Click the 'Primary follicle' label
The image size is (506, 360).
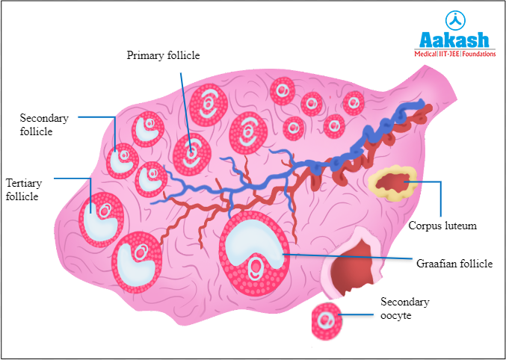(x=163, y=55)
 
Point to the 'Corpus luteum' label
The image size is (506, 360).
(x=442, y=225)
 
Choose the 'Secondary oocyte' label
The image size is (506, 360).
(x=404, y=308)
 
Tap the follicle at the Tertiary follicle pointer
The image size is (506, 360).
(x=100, y=219)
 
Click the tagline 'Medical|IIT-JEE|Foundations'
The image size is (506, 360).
(x=454, y=54)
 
